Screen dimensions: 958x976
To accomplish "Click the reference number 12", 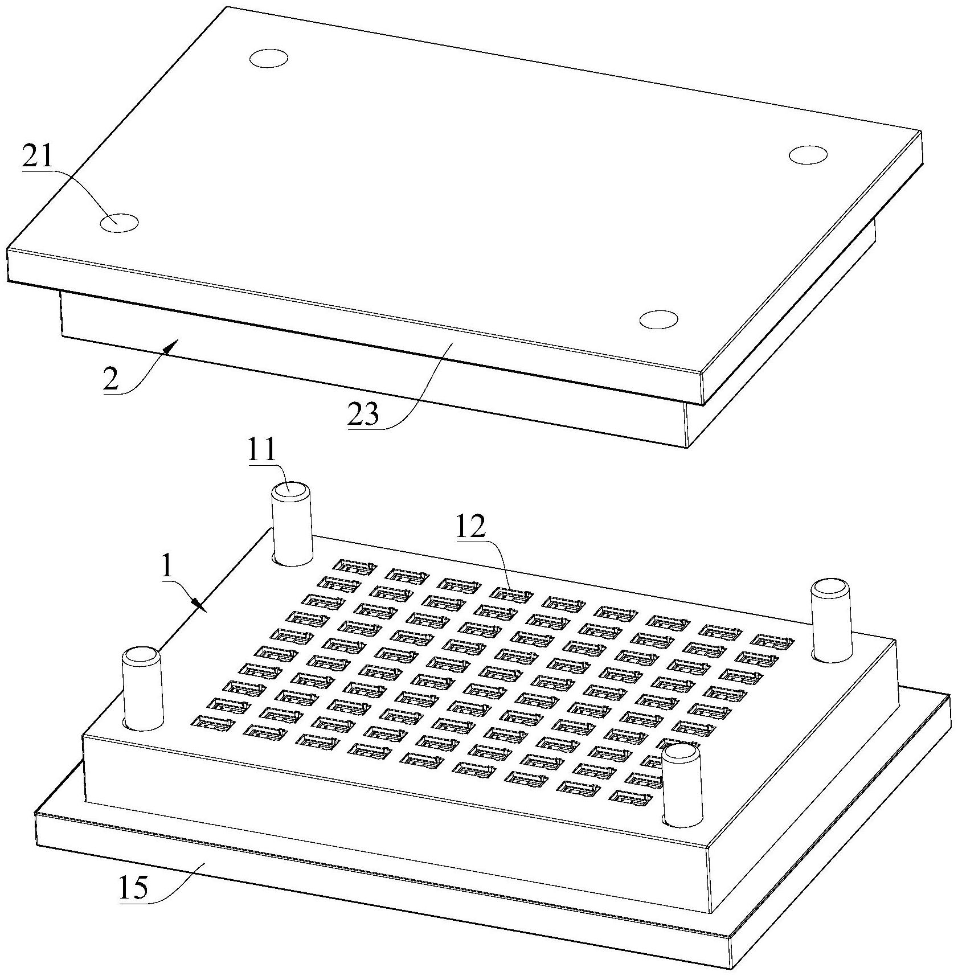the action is tap(470, 528).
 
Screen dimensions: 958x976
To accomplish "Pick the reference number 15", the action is tap(133, 887).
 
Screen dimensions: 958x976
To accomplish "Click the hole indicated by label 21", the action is tap(119, 223).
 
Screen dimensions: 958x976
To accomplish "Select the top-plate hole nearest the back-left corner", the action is tap(269, 58).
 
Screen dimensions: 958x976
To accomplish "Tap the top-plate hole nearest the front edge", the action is tap(658, 319).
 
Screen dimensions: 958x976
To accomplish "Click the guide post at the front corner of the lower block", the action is tap(681, 785).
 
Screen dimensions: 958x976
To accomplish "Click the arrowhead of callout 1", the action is tap(199, 605).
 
